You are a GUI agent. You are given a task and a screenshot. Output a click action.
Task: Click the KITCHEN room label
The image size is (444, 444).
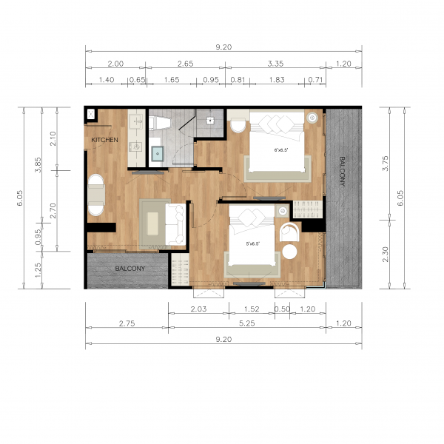pos(104,140)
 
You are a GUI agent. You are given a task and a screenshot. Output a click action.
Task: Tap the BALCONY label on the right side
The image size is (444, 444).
pos(342,172)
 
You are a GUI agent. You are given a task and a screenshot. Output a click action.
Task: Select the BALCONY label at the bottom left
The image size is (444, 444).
pos(129,269)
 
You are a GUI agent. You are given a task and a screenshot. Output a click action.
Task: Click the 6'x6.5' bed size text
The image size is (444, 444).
pos(280,150)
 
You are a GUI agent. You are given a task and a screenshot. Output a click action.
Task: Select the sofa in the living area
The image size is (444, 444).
pos(177,223)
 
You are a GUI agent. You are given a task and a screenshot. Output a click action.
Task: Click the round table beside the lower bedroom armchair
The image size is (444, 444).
pos(289,252)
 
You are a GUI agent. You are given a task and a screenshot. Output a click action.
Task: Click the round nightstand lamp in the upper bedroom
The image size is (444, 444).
pos(313,117)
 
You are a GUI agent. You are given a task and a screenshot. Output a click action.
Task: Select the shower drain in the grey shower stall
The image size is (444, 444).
pos(210,119)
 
